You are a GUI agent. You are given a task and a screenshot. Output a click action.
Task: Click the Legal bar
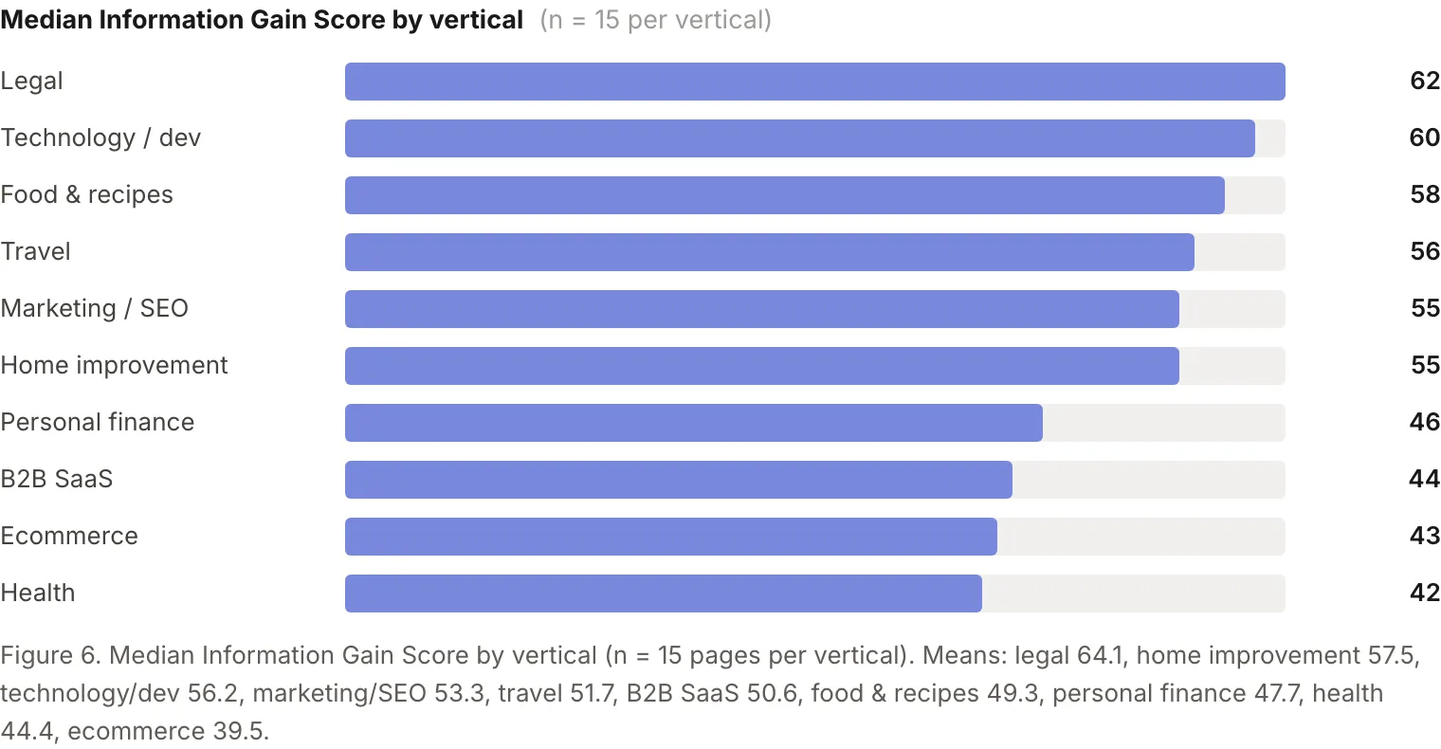click(x=815, y=82)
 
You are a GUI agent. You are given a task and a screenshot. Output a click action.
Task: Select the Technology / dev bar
click(x=799, y=138)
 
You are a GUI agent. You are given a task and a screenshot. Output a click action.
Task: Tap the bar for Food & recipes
click(x=785, y=195)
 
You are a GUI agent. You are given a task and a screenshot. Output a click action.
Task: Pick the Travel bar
click(x=770, y=252)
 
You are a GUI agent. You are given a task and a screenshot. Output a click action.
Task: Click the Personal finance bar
click(x=694, y=423)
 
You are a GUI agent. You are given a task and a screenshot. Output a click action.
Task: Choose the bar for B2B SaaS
click(x=679, y=480)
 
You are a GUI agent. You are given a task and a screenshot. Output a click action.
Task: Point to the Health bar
click(x=664, y=594)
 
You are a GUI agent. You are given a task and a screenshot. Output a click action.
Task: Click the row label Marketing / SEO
click(x=95, y=308)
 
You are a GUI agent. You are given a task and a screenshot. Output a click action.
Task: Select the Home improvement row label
click(x=114, y=365)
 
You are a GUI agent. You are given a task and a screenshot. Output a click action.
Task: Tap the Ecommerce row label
click(x=69, y=536)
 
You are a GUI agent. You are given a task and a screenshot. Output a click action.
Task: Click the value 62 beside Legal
click(x=1424, y=81)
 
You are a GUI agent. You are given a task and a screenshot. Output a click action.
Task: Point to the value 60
click(x=1424, y=137)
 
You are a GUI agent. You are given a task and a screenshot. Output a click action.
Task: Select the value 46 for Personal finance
click(x=1424, y=422)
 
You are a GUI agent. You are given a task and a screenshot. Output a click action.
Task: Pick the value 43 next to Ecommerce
click(x=1424, y=536)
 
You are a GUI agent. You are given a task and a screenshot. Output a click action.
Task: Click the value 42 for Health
click(x=1424, y=593)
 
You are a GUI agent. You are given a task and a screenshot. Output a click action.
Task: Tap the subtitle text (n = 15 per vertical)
click(x=655, y=20)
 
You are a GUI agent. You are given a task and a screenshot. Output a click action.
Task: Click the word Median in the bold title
click(x=46, y=19)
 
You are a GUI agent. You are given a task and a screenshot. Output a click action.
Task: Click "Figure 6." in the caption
click(x=50, y=655)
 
